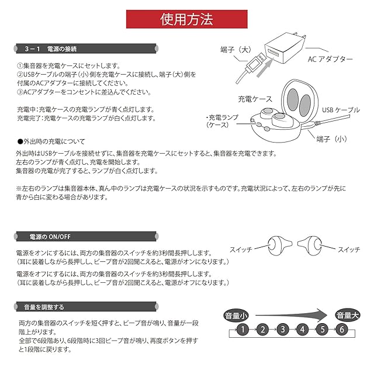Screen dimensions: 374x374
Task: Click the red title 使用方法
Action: click(186, 19)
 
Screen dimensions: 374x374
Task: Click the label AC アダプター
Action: click(330, 59)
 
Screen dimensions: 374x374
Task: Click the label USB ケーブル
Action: click(341, 110)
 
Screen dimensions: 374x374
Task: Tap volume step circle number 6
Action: click(341, 330)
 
